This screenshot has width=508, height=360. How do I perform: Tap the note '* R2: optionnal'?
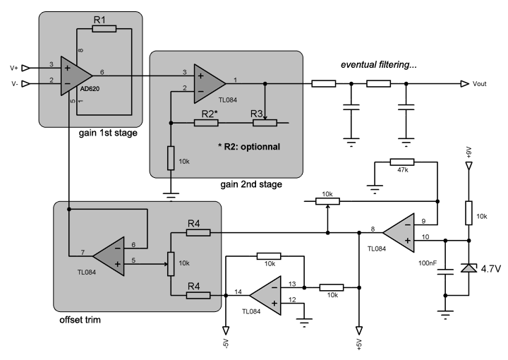tap(250, 148)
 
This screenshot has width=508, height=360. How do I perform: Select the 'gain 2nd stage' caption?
tap(250, 184)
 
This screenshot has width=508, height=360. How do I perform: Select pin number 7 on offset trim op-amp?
tap(83, 253)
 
